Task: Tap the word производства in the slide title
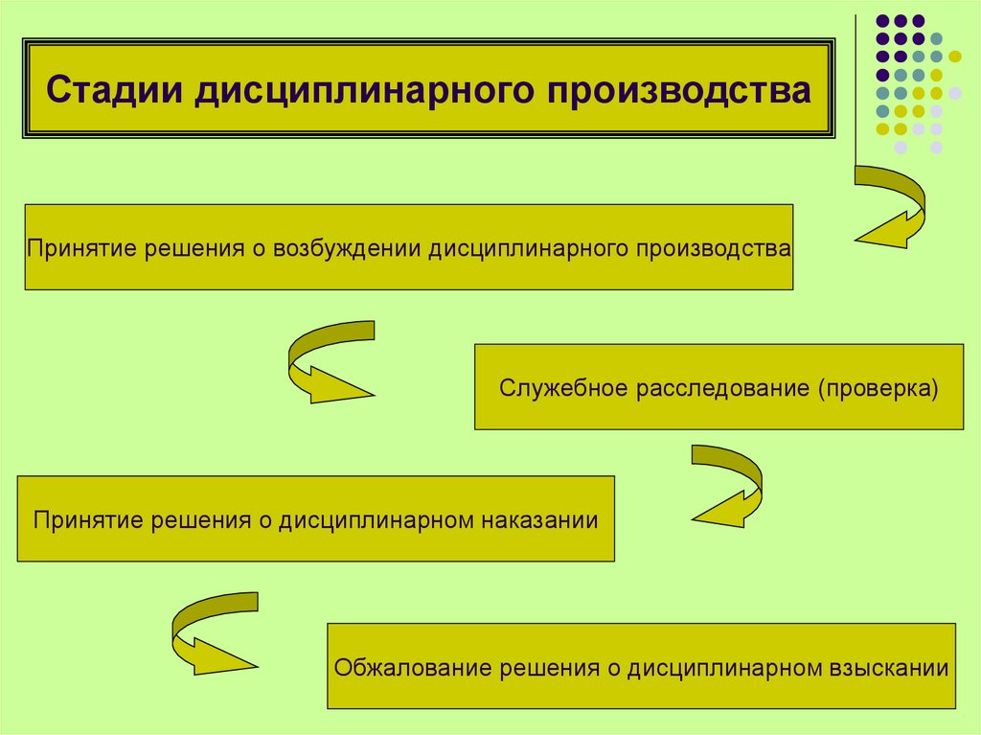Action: [679, 93]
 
